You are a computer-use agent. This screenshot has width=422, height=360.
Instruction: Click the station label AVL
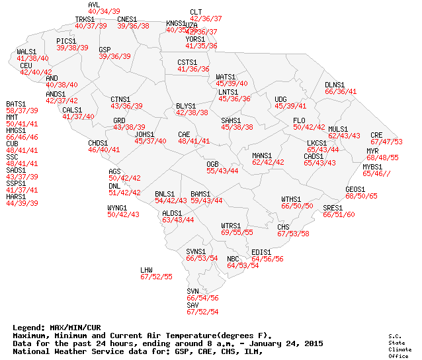coord(93,5)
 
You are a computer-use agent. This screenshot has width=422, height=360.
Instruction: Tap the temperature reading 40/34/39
coord(104,12)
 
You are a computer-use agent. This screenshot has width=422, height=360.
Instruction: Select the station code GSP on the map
coord(105,50)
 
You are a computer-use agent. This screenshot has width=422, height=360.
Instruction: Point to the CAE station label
coord(184,134)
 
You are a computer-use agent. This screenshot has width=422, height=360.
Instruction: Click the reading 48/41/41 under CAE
coord(194,141)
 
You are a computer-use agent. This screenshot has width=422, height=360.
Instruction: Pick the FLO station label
coord(299,120)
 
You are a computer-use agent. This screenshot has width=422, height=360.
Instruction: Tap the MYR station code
coord(372,151)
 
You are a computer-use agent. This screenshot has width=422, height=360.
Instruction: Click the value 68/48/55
coord(383,158)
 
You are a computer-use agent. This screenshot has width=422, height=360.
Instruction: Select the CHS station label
coord(283,227)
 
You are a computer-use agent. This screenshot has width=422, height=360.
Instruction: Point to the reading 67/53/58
coord(293,234)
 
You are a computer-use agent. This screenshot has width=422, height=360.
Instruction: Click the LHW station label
coord(146,270)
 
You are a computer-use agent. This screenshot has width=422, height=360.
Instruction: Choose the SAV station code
coord(192,304)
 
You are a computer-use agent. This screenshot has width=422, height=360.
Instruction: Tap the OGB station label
coord(212,163)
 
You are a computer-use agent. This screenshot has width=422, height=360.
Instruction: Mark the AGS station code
coord(114,171)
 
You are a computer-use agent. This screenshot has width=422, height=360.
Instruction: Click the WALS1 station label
coord(26,51)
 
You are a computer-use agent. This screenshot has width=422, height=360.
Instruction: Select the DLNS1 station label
coord(335,85)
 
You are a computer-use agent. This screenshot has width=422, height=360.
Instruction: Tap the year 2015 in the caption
coord(314,343)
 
